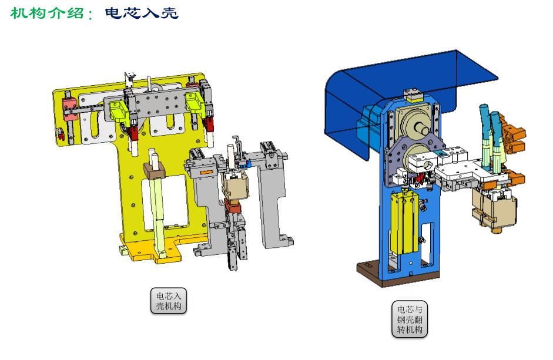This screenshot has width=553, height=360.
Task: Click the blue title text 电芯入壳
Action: (x=142, y=13)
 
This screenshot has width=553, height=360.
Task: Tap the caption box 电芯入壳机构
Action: (x=169, y=301)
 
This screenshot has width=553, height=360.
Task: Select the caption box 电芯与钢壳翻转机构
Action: (x=410, y=319)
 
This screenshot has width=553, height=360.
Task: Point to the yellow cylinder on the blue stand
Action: (x=404, y=222)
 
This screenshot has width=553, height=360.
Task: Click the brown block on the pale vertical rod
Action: (x=155, y=170)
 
